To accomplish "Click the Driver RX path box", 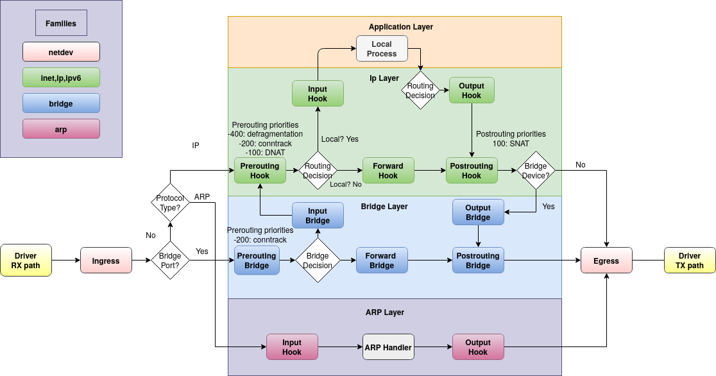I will (26, 261).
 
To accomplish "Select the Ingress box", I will (106, 261).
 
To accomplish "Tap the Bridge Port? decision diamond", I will (170, 261).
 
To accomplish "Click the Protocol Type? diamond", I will (170, 203).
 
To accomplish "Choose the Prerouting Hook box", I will (260, 171).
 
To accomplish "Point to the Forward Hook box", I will (388, 171).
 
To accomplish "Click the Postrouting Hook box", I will (472, 171).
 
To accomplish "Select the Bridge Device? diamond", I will (536, 171).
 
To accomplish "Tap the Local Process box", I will (382, 49).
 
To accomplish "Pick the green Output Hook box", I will (472, 90).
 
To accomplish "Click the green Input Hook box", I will (318, 94).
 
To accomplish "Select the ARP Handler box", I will (388, 347).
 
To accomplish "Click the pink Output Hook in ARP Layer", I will (478, 347).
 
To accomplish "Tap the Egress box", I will (606, 261).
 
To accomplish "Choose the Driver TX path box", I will (690, 261).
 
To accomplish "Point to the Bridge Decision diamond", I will (318, 261).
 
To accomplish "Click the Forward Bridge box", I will (382, 261).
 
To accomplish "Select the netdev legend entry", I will (61, 52).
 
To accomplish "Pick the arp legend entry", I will (61, 129).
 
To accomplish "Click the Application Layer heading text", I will (400, 27).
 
